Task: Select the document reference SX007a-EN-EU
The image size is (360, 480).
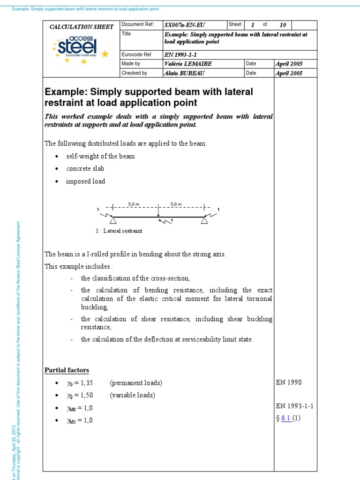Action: click(185, 25)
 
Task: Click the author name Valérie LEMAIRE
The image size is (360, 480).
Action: click(187, 64)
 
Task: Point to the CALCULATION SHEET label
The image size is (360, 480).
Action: click(82, 27)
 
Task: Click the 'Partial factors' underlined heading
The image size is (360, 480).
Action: click(67, 370)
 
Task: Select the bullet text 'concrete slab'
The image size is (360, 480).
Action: click(85, 169)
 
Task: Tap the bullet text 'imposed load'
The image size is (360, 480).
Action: click(86, 181)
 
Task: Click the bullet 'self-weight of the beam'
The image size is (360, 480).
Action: click(100, 156)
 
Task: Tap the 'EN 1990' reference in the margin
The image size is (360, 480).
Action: click(289, 382)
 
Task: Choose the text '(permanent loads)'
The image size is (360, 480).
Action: click(136, 383)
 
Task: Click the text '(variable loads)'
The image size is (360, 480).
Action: click(132, 395)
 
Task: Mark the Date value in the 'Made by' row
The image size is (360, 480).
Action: click(289, 64)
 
